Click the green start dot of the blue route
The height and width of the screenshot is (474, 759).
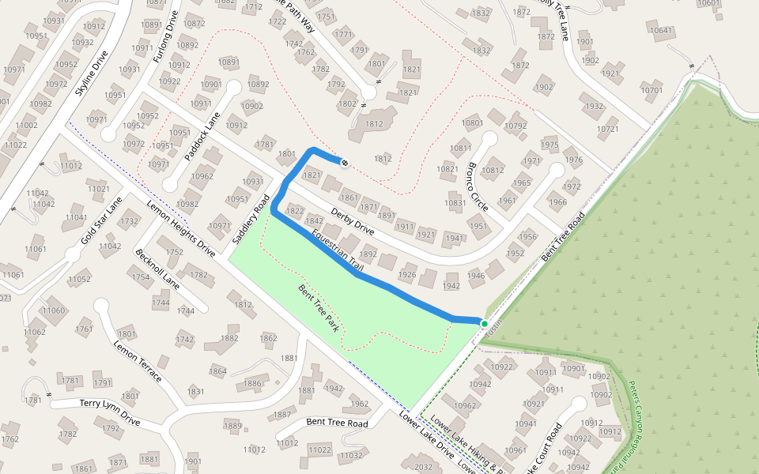(x=485, y=323)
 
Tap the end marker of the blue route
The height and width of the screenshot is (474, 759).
(x=344, y=163)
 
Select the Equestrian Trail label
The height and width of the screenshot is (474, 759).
(x=338, y=252)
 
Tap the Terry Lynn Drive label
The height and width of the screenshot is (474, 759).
(x=110, y=412)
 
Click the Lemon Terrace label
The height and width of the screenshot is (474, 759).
(x=138, y=361)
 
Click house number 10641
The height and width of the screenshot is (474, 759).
(x=661, y=31)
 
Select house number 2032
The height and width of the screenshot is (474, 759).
(x=423, y=467)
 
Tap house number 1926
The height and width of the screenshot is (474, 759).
(x=407, y=275)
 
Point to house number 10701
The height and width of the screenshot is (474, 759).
(x=651, y=90)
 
